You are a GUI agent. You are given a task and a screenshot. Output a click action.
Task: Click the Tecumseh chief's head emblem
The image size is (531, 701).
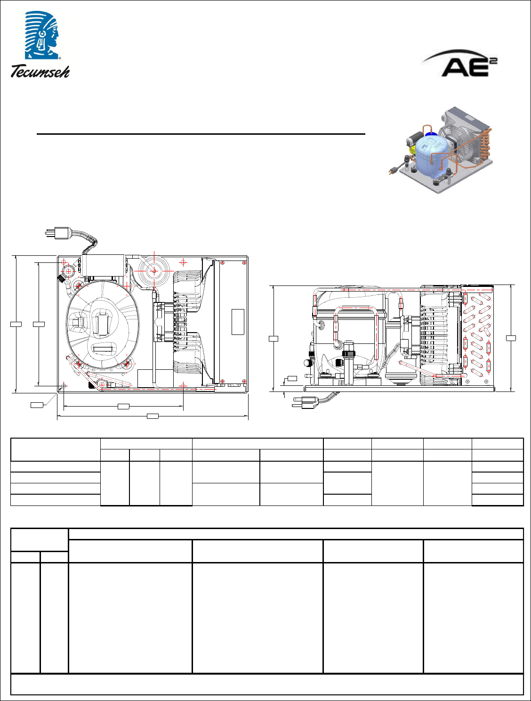42,35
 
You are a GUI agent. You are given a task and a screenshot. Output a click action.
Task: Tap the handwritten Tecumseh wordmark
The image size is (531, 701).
40,71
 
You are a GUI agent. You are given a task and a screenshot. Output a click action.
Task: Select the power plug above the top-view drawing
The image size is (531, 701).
58,233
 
